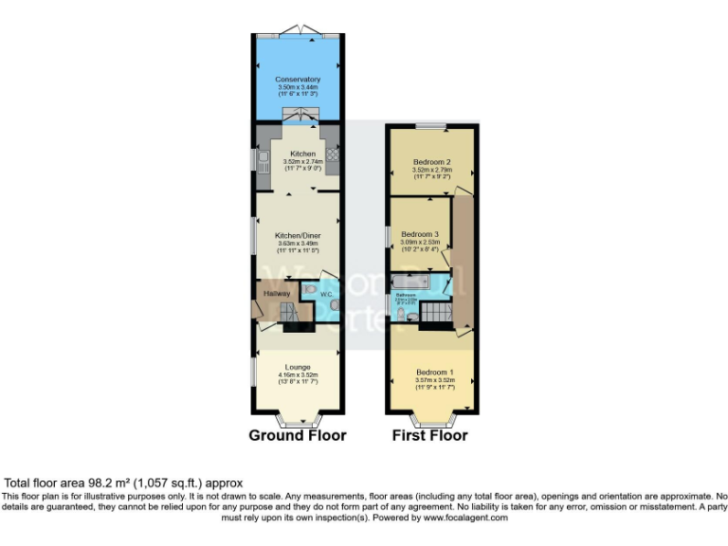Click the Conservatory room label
pos(298,79)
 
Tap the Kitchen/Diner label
pos(297,235)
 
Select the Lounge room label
pos(298,367)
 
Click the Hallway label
pos(276,294)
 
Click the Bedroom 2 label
pos(431,162)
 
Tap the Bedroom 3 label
pos(419,234)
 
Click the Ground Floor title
pos(297,436)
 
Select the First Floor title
pos(430,436)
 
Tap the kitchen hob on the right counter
pos(334,156)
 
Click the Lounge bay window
pos(297,417)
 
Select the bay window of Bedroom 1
pos(431,417)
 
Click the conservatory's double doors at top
pos(298,28)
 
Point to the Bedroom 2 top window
pos(432,126)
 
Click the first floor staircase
pos(437,311)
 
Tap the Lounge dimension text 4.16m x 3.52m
pos(298,376)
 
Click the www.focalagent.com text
pos(465,519)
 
